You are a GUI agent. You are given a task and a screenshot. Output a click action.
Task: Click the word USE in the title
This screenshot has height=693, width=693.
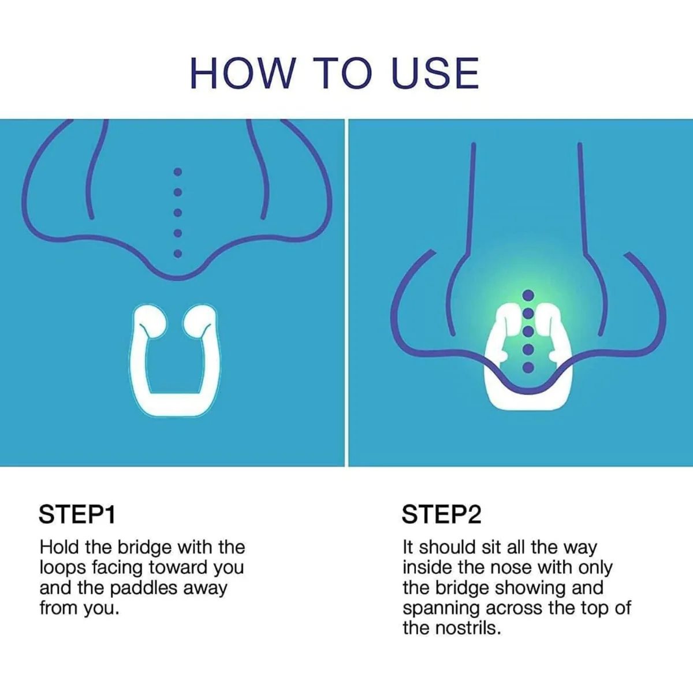click(x=435, y=73)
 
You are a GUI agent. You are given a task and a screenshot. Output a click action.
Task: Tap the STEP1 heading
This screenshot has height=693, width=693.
click(x=77, y=515)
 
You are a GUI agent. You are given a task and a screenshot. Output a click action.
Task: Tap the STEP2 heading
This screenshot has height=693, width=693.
click(x=441, y=515)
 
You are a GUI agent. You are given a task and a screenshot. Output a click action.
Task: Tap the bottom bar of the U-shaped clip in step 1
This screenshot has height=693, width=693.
click(x=175, y=404)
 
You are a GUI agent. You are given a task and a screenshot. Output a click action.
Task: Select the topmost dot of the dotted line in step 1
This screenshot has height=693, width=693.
click(x=178, y=172)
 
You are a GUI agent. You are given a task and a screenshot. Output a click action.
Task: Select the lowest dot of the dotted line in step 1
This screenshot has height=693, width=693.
click(x=178, y=254)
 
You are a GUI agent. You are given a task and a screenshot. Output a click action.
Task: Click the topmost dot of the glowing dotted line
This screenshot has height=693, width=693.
click(x=528, y=295)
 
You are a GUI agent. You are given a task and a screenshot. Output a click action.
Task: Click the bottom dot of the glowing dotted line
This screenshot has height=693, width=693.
click(x=528, y=367)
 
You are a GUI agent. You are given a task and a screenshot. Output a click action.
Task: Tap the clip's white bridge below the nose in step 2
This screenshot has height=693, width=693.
click(x=528, y=400)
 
